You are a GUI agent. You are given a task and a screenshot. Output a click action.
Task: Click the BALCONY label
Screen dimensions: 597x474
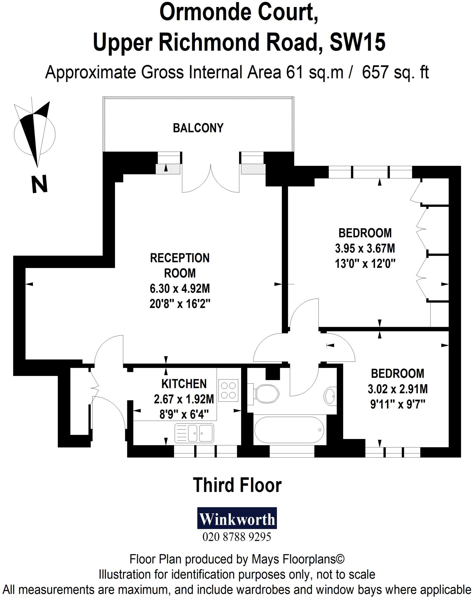[x=198, y=128]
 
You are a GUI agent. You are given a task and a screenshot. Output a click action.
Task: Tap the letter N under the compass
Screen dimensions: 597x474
[x=39, y=184]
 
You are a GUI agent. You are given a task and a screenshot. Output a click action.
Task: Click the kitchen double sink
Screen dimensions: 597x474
[x=194, y=433]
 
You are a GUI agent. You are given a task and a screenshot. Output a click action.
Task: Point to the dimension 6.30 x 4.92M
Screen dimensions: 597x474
[x=180, y=289]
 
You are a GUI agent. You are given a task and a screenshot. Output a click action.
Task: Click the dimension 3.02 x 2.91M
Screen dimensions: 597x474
[x=397, y=389]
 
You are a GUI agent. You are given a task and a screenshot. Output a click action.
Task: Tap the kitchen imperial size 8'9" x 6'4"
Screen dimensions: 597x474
[x=184, y=414]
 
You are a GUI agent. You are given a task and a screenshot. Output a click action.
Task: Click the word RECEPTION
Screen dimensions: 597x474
[x=180, y=258]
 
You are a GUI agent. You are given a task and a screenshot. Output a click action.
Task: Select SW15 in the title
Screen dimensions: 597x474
[x=358, y=42]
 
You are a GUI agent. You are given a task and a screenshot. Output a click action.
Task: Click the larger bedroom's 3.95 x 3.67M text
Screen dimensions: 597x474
[x=365, y=248]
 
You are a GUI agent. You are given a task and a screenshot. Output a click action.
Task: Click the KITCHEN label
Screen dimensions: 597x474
[x=184, y=384]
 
